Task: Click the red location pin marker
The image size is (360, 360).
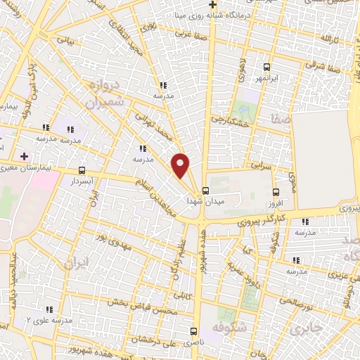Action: pyautogui.click(x=181, y=165)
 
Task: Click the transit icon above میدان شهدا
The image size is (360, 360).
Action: pyautogui.click(x=205, y=190)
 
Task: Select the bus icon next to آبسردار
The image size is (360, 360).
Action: pyautogui.click(x=82, y=170)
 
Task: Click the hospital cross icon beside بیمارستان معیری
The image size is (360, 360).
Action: pyautogui.click(x=25, y=155)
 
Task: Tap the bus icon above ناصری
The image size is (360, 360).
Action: pyautogui.click(x=194, y=330)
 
